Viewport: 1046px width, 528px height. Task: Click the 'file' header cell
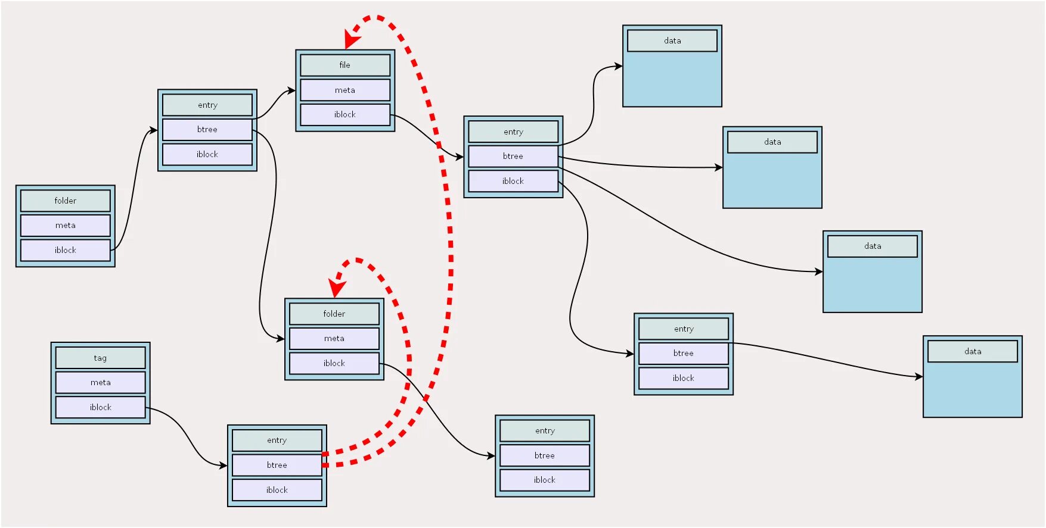344,65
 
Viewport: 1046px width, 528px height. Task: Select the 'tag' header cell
100,358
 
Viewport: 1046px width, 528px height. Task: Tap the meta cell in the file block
344,90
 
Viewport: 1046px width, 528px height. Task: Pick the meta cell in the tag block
100,382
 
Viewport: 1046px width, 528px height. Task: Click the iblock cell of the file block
344,114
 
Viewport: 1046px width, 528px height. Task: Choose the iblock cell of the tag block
100,407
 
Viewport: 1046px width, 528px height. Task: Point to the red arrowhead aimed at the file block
351,41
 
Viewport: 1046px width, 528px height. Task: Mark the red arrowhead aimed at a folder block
337,288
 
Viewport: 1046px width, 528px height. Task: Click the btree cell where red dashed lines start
277,465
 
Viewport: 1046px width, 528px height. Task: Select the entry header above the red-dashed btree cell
277,440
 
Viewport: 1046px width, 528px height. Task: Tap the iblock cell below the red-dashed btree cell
277,490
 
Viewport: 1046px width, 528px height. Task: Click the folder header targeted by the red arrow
334,314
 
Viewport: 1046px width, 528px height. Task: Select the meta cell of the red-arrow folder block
334,338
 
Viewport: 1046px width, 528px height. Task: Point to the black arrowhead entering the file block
291,90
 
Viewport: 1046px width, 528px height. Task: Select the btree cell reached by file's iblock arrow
513,156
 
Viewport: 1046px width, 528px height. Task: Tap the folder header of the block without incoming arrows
65,201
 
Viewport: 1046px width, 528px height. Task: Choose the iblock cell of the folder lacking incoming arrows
65,250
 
